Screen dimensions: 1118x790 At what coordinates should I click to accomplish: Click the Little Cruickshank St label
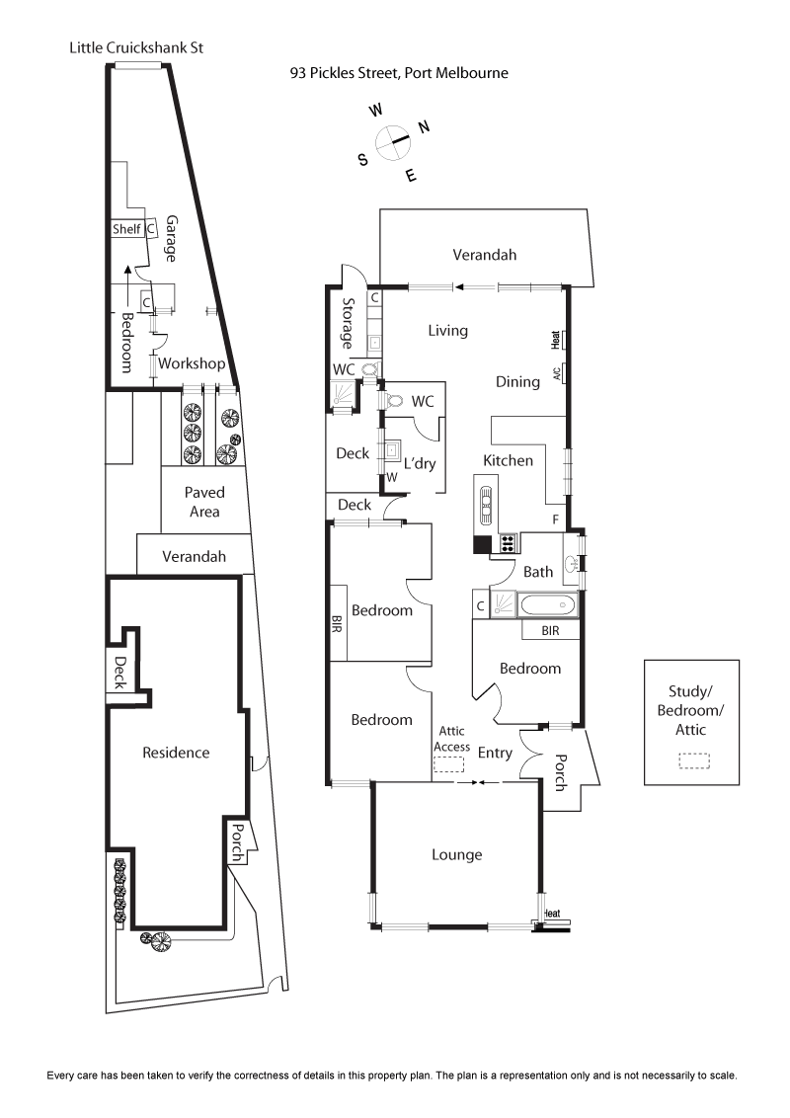tap(136, 47)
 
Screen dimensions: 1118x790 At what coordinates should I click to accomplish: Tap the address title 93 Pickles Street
tap(399, 72)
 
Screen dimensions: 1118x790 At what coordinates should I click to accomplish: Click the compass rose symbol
tap(393, 141)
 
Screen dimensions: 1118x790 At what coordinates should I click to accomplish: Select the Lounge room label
tap(457, 854)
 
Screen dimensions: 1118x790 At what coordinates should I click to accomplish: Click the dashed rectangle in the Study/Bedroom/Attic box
tap(694, 760)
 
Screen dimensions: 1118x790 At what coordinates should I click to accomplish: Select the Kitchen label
tap(508, 460)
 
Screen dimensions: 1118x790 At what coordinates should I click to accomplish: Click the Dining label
tap(517, 382)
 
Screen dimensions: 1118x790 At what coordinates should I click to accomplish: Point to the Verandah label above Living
tap(484, 255)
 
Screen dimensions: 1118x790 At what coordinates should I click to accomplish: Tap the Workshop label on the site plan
tap(193, 363)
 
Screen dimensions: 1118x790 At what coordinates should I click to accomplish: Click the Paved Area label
tap(204, 502)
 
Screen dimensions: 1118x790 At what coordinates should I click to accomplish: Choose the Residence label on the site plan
tap(176, 753)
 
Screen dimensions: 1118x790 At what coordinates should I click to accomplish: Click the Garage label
tap(171, 238)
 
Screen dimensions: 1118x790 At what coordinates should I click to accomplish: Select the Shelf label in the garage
tap(126, 229)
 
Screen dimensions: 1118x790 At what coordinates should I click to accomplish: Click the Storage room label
tap(348, 323)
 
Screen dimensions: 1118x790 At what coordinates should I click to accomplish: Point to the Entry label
tap(495, 754)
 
